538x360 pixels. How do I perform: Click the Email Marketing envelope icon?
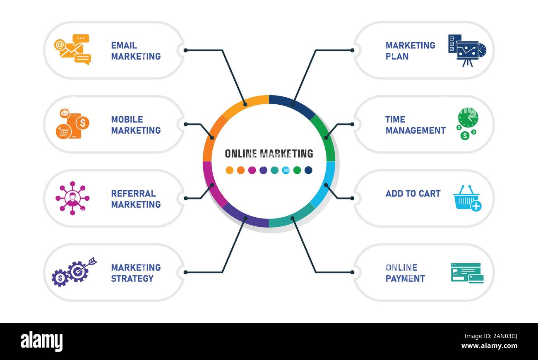(72, 50)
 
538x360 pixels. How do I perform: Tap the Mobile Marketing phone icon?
(72, 123)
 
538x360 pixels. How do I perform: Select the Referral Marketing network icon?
(72, 198)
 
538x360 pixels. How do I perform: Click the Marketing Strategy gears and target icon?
(74, 272)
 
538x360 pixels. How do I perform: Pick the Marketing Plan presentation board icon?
(467, 50)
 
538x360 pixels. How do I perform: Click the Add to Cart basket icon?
(467, 198)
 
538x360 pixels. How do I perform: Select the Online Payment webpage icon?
(467, 273)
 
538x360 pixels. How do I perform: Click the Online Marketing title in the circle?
(269, 154)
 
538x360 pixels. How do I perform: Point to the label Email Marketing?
(136, 50)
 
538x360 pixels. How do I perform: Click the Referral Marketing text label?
(136, 199)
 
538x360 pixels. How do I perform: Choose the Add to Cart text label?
(413, 194)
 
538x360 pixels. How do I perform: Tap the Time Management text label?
(416, 125)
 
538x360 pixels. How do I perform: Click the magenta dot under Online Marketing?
(252, 170)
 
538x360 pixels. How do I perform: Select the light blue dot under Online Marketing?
(286, 170)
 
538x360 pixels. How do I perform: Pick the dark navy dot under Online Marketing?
(308, 170)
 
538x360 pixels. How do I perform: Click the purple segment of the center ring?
(245, 219)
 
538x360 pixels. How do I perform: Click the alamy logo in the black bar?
(41, 341)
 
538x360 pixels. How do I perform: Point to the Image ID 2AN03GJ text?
(490, 336)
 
